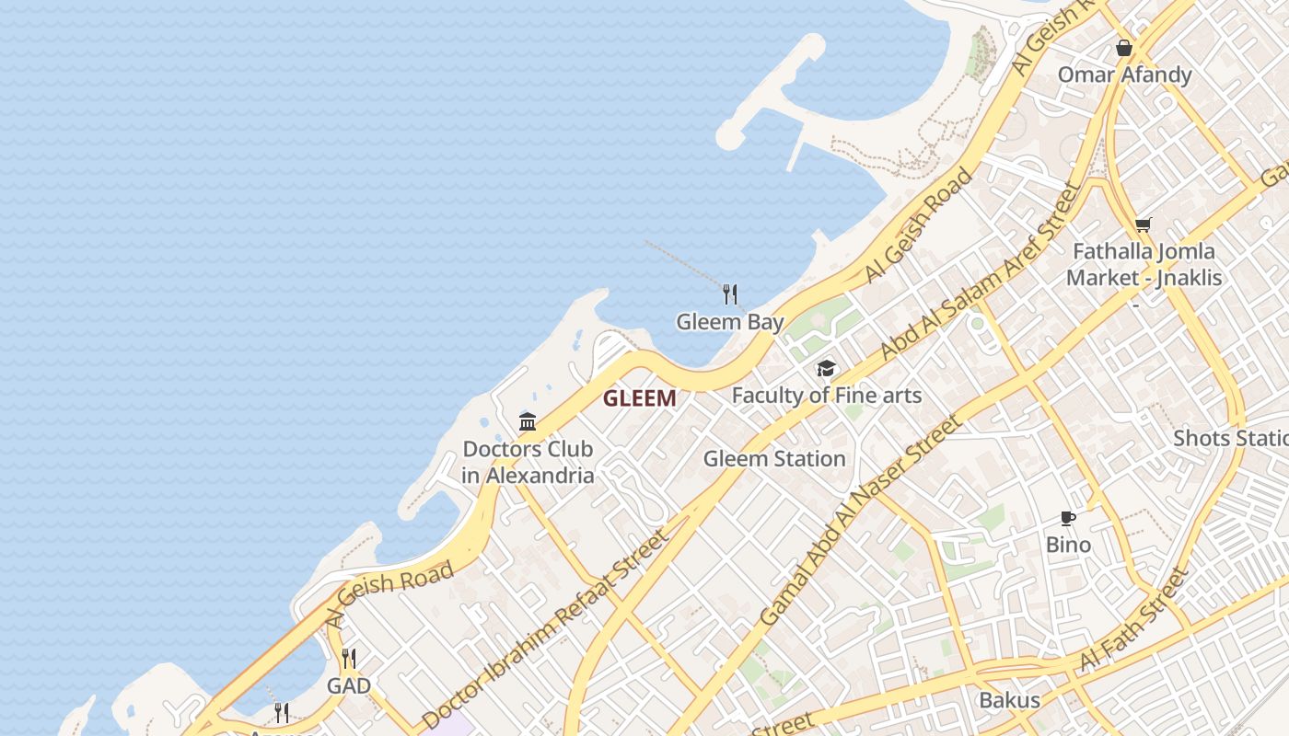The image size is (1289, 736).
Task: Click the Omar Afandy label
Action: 1124,75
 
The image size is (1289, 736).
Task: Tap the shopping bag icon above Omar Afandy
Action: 1123,48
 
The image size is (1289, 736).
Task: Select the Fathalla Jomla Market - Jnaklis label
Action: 1144,264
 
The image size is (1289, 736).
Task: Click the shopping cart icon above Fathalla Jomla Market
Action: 1144,224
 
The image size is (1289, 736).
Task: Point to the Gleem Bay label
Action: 730,322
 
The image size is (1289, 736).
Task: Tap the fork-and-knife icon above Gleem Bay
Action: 730,294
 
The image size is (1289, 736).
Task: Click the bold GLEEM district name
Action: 639,398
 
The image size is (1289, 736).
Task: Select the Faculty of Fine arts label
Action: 826,396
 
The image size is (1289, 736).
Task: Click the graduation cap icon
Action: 826,369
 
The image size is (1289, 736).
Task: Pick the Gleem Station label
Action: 774,458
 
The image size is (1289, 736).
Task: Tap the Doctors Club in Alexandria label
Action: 528,462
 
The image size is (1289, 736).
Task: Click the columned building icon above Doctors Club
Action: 528,422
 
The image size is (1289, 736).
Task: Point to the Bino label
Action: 1068,545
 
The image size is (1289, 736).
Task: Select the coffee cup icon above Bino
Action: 1068,518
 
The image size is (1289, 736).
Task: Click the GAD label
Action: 349,686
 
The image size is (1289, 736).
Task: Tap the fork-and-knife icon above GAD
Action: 349,659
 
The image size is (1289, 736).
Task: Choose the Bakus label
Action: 1009,700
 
